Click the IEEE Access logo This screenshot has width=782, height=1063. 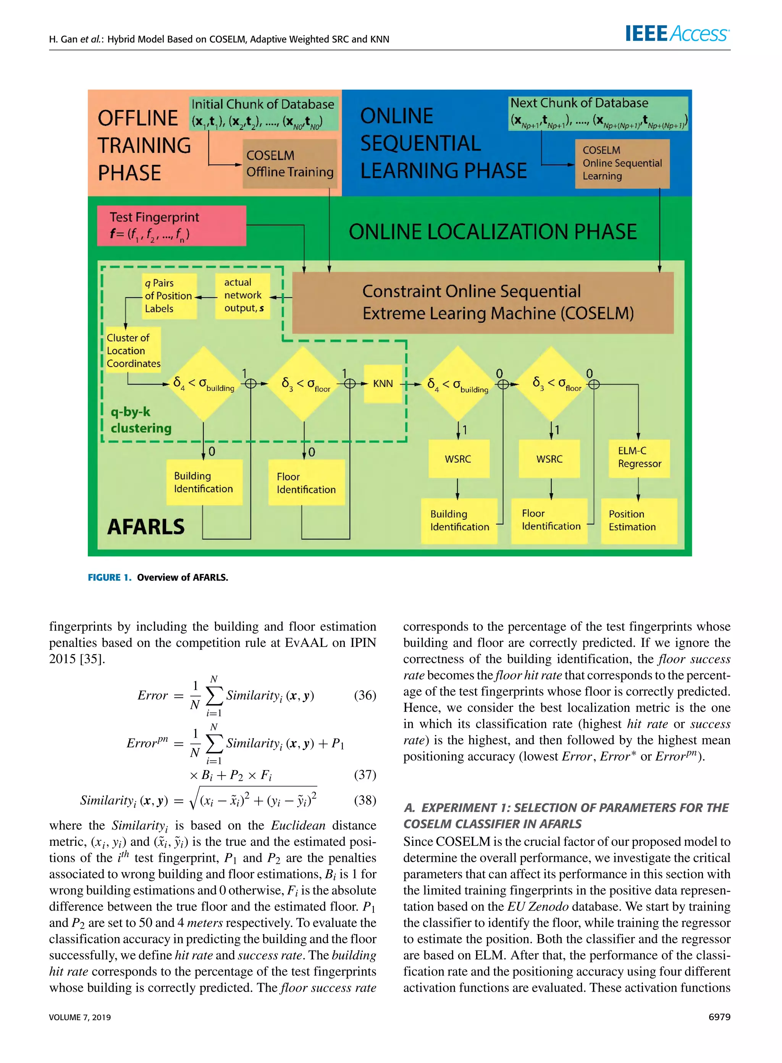click(677, 34)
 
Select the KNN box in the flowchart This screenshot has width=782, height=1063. click(383, 384)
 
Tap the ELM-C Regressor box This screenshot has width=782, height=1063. click(639, 458)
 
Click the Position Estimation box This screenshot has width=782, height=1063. click(638, 520)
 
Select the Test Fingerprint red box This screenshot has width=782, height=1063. click(171, 226)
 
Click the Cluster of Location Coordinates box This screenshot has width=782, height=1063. click(133, 351)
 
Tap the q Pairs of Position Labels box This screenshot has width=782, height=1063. click(169, 296)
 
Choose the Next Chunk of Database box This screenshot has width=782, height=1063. click(598, 113)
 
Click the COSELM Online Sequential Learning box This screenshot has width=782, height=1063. click(622, 163)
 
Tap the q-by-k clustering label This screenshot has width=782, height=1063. click(141, 420)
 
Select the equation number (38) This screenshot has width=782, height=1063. click(365, 800)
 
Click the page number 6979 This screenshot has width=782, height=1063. click(719, 1017)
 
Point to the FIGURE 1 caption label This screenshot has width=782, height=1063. click(109, 577)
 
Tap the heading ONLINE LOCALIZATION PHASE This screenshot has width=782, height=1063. click(493, 232)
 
